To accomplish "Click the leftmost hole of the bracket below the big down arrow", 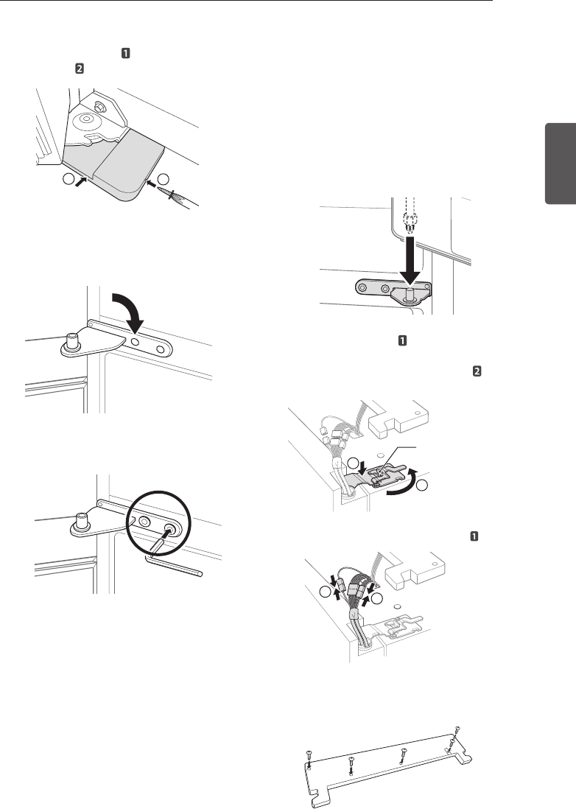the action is [x=362, y=285].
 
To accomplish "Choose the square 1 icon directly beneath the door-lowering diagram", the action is [x=403, y=341].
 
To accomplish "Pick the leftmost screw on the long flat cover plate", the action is [x=308, y=754].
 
